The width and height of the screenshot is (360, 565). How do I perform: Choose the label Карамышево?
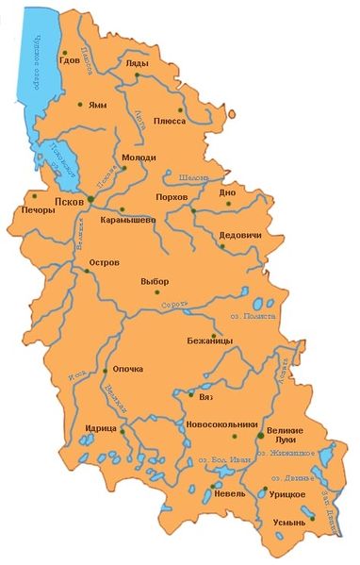[x=128, y=220]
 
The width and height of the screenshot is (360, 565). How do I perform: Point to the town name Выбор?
[x=155, y=280]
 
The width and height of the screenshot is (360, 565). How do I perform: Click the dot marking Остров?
[x=87, y=271]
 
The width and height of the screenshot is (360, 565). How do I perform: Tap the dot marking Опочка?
[x=102, y=371]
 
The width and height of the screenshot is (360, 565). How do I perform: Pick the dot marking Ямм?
[x=80, y=104]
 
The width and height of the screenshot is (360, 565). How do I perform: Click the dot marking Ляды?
[x=137, y=74]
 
